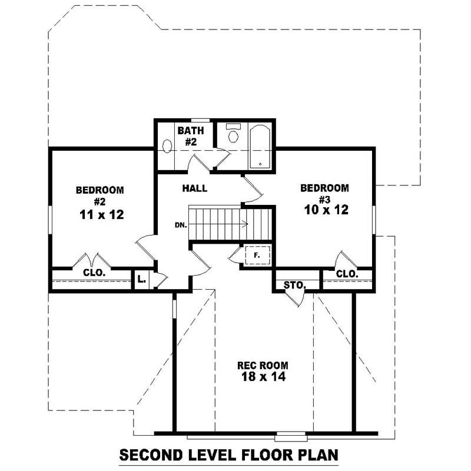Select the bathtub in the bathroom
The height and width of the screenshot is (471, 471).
[260, 145]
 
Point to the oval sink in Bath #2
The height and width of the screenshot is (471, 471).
[166, 146]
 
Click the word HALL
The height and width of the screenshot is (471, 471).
[194, 188]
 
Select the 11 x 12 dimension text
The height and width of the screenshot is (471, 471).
[101, 215]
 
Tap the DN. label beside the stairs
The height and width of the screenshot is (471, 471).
[180, 224]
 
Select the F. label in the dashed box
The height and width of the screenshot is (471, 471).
[256, 256]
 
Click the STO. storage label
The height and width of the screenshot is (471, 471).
[294, 286]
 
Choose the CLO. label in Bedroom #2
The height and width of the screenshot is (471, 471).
[94, 273]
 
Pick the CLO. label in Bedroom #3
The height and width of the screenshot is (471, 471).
[346, 274]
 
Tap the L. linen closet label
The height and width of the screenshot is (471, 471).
[141, 278]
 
